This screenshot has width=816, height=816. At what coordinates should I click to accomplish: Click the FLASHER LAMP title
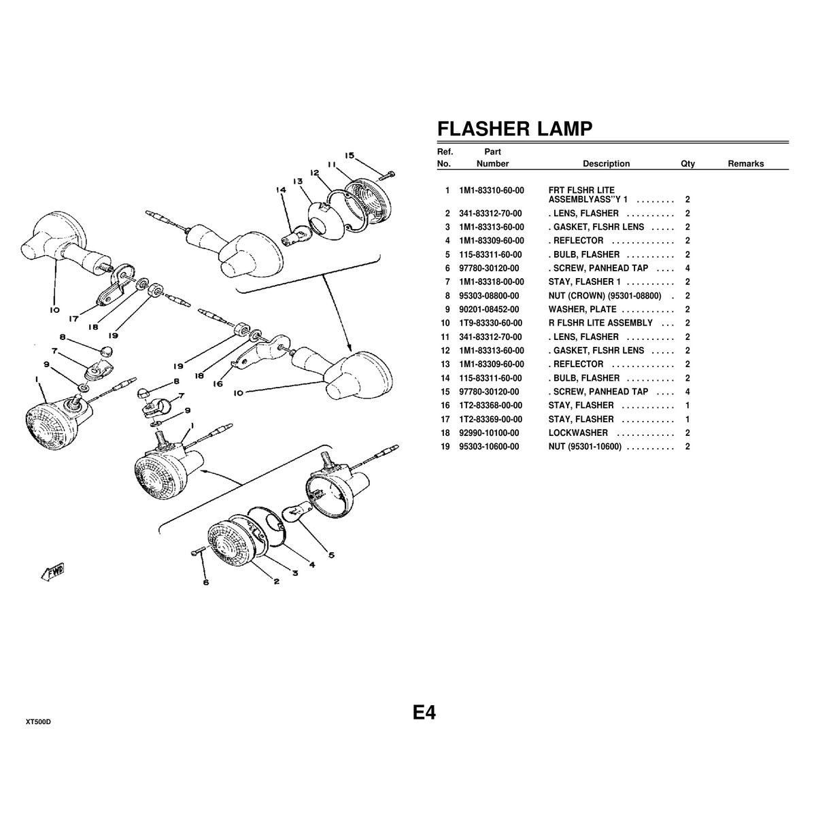tap(514, 129)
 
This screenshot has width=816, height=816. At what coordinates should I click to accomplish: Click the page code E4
tap(424, 713)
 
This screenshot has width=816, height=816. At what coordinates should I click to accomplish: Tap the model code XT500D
tap(39, 721)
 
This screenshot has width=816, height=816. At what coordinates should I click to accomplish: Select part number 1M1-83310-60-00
tap(491, 190)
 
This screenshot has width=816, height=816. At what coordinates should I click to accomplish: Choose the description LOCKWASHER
tap(578, 433)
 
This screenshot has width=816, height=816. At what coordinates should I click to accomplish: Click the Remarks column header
tap(746, 164)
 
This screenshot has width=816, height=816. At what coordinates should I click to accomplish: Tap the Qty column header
tap(687, 164)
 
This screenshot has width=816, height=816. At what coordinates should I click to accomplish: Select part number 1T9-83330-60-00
tap(491, 323)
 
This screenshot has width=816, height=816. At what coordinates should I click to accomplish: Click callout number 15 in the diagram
tap(350, 156)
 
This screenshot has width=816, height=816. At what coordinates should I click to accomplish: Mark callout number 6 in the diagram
tap(205, 582)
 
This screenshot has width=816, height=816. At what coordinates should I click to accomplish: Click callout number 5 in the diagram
tap(331, 555)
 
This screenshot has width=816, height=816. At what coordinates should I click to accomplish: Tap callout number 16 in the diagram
tap(217, 384)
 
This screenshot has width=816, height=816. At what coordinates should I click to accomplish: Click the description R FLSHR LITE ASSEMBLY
tap(600, 323)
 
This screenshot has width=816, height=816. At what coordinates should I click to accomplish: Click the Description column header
tap(606, 164)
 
